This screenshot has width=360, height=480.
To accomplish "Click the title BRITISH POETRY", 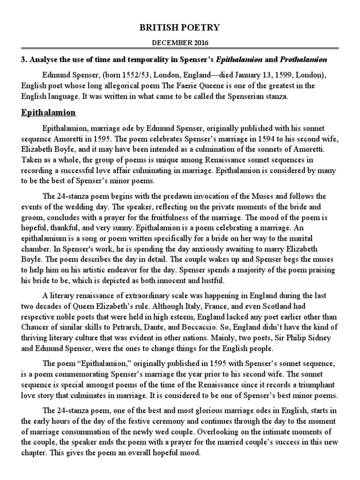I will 180,28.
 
